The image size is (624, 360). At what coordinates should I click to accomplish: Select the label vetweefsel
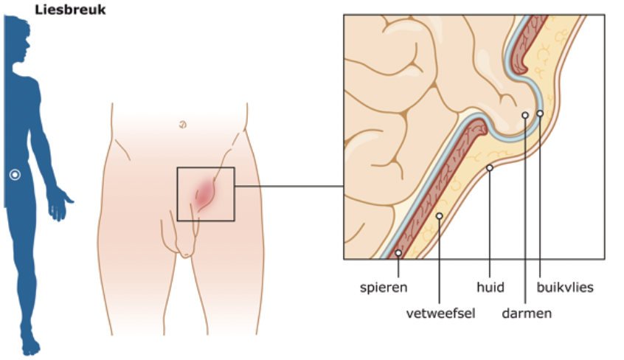(440, 314)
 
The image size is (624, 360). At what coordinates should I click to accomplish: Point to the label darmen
(527, 314)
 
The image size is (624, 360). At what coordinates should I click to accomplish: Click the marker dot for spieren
(398, 253)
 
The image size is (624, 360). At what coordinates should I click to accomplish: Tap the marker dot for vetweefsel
(439, 216)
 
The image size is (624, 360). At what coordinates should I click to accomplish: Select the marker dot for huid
(490, 167)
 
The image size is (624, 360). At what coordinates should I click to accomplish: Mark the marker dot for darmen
(524, 115)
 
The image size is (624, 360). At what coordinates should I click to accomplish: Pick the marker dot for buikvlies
(540, 113)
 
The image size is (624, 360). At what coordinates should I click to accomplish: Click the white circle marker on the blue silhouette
(14, 175)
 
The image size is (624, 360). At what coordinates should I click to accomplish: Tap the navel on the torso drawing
(182, 125)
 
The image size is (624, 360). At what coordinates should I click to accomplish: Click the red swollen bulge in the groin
(204, 194)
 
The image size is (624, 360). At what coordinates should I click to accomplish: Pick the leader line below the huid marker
(490, 221)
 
